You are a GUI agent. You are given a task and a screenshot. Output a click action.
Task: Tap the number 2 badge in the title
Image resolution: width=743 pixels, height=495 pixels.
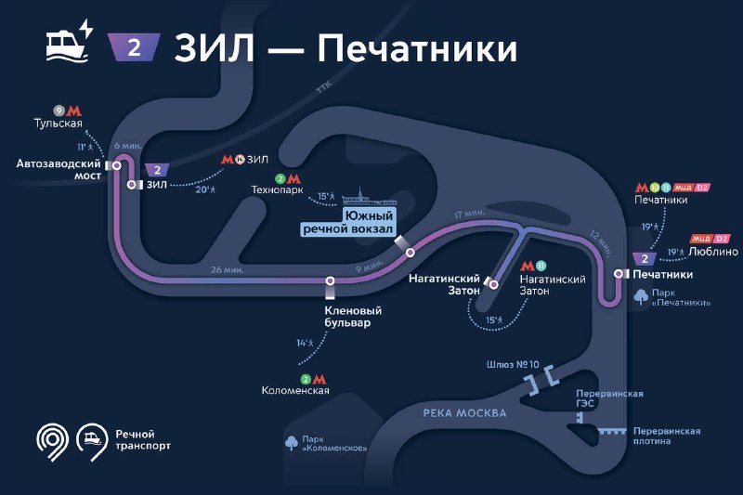[134, 47]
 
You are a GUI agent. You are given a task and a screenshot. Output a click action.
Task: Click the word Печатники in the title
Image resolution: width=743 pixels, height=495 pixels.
[417, 48]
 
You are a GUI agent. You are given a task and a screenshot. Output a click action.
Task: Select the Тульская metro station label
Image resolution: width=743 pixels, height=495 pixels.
[59, 124]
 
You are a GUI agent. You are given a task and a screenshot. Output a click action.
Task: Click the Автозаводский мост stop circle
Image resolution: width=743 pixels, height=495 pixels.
[116, 165]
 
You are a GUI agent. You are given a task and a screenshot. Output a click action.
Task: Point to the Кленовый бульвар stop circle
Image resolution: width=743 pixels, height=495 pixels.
[331, 280]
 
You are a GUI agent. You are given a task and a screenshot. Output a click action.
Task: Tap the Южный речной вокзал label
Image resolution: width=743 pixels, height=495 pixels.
[348, 222]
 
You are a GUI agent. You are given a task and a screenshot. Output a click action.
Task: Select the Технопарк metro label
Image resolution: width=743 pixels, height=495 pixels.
[277, 190]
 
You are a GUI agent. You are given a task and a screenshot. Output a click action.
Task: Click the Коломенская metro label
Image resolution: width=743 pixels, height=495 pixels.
[295, 391]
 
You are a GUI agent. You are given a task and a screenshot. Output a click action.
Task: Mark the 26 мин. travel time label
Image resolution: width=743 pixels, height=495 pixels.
[228, 270]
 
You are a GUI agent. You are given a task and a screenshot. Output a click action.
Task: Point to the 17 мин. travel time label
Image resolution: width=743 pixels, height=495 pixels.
[470, 214]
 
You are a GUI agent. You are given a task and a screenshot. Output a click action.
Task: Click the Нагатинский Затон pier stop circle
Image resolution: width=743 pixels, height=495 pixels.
[494, 284]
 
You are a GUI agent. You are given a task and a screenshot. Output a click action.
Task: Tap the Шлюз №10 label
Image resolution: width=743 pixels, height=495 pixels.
[513, 364]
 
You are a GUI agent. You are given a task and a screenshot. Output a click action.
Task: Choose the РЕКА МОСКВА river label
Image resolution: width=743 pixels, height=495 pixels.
[464, 413]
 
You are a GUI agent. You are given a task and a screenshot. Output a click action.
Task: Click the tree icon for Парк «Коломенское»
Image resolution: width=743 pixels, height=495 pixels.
[292, 443]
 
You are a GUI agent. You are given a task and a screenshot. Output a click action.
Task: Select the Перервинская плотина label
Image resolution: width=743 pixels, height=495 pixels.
[667, 436]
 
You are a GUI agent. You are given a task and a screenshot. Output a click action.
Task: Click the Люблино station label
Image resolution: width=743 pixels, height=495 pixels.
[713, 252]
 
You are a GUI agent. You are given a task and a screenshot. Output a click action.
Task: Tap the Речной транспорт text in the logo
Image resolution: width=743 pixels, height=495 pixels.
[143, 440]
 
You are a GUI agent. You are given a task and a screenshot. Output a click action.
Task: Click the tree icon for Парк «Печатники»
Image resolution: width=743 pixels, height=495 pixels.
[641, 297]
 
